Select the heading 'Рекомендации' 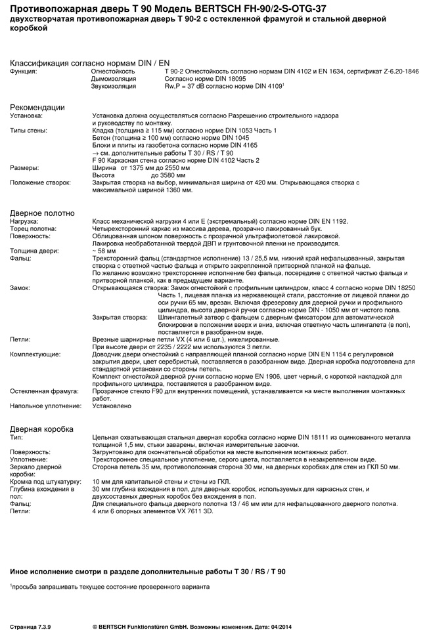pyautogui.click(x=37, y=107)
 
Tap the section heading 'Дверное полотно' pyautogui.click(x=42, y=213)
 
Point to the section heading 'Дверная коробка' pyautogui.click(x=42, y=429)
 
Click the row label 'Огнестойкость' pyautogui.click(x=112, y=70)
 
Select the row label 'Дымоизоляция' pyautogui.click(x=113, y=78)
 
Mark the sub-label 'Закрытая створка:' pyautogui.click(x=120, y=317)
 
